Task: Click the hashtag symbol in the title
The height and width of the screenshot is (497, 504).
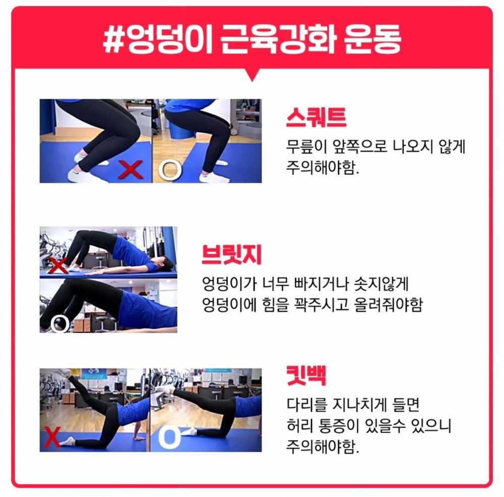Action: [x=114, y=39]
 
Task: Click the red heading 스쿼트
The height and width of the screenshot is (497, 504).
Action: [x=316, y=117]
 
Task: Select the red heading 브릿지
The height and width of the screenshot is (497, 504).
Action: [x=232, y=255]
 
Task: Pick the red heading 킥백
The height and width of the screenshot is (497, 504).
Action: [x=306, y=375]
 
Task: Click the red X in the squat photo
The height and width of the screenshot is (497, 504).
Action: [x=131, y=169]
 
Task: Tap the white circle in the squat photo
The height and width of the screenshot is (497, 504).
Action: [x=170, y=169]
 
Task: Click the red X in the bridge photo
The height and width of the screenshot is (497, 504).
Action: [x=58, y=265]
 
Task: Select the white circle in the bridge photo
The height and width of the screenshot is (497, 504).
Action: [x=60, y=323]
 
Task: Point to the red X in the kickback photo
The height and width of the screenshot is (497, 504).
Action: [x=52, y=437]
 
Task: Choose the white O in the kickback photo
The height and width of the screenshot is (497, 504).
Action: [x=169, y=438]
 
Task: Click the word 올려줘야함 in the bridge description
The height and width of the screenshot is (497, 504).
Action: [x=388, y=304]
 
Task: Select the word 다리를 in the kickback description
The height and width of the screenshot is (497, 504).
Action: [x=306, y=404]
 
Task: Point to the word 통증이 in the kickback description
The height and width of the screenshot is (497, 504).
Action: [x=338, y=425]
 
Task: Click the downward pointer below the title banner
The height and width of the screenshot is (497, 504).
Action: [x=253, y=75]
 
